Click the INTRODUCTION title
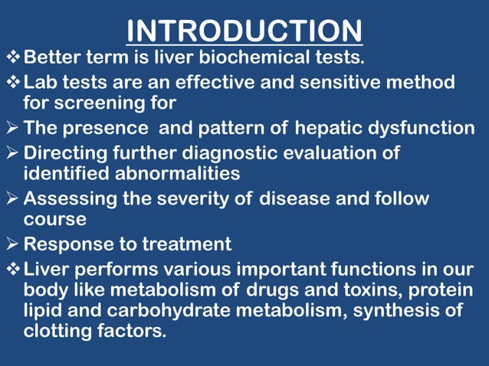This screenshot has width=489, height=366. [x=244, y=31]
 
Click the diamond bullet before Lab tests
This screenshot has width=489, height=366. [x=13, y=82]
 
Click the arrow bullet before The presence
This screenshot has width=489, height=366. [x=13, y=128]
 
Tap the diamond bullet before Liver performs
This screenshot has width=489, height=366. [x=13, y=270]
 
